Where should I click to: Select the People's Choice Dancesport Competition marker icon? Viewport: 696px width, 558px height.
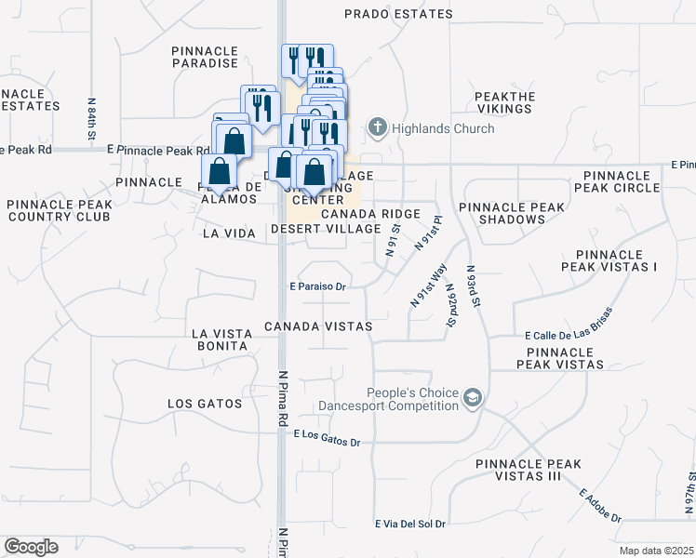474,398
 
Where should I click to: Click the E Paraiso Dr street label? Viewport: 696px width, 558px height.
317,287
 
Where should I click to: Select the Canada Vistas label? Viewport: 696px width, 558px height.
317,326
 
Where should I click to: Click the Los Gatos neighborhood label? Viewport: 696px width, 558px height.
205,404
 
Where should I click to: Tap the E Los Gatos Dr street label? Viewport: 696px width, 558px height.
327,438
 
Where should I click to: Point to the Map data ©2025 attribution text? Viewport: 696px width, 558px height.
655,551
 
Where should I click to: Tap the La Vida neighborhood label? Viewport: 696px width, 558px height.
228,234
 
